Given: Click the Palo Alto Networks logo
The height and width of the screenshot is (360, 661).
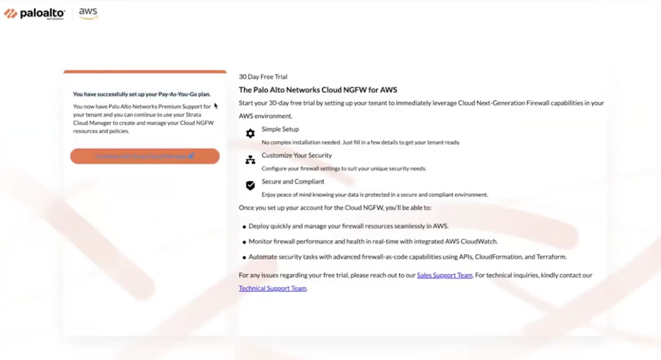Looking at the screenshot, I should [x=35, y=13].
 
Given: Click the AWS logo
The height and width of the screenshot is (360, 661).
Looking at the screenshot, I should [x=88, y=13].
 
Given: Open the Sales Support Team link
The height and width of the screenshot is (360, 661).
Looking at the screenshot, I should [x=444, y=275].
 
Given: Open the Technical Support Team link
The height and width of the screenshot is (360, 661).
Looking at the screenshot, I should [x=272, y=288].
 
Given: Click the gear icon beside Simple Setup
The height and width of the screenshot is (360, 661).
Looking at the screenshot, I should [x=250, y=134].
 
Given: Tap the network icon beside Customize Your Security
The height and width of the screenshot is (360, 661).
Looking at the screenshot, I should [x=250, y=159].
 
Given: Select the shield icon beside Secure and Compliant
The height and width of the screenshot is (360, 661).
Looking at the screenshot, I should [x=250, y=185].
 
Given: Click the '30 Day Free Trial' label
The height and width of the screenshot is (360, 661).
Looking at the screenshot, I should [x=263, y=77].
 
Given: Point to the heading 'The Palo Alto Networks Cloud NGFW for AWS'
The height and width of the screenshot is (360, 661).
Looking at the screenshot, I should [x=318, y=90].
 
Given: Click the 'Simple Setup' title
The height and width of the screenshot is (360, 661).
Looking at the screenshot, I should [x=280, y=129].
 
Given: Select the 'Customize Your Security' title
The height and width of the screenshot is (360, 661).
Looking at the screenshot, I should [x=297, y=155].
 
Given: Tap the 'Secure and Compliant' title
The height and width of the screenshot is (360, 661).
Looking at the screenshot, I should [x=293, y=181].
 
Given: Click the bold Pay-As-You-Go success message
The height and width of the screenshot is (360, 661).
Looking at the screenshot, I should [x=141, y=94].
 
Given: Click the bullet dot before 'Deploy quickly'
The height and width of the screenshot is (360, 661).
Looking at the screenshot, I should [x=244, y=226].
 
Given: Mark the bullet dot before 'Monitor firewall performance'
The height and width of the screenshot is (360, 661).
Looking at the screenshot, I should [x=244, y=242].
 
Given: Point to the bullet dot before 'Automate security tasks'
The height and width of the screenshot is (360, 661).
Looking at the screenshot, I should [x=244, y=257].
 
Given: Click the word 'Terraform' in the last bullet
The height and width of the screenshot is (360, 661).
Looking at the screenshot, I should [x=550, y=257].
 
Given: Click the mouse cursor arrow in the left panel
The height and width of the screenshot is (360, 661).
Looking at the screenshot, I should [x=216, y=106].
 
